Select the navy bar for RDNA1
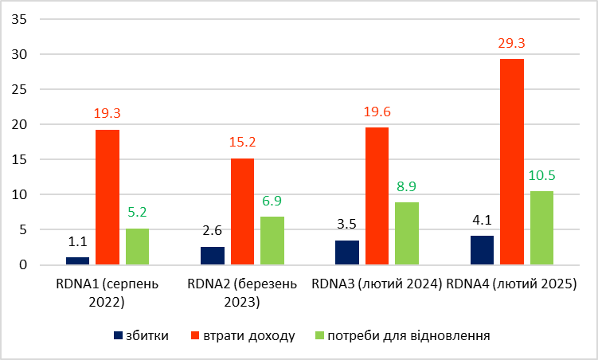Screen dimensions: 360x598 pyautogui.click(x=77, y=260)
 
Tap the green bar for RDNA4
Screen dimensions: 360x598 pyautogui.click(x=541, y=228)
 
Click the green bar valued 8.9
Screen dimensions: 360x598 pyautogui.click(x=407, y=233)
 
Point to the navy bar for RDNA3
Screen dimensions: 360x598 pyautogui.click(x=347, y=252)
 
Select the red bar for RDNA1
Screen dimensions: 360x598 pyautogui.click(x=107, y=197)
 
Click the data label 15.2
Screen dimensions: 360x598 pyautogui.click(x=242, y=143)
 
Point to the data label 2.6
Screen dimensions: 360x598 pyautogui.click(x=213, y=231)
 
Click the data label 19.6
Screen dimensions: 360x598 pyautogui.click(x=377, y=112)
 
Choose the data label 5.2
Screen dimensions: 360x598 pyautogui.click(x=137, y=213)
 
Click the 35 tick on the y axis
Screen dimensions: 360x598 pyautogui.click(x=19, y=20)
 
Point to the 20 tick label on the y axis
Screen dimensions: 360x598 pyautogui.click(x=19, y=124)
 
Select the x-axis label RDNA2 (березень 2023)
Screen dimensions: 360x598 pyautogui.click(x=242, y=292)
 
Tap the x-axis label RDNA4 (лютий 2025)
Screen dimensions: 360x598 pyautogui.click(x=512, y=284)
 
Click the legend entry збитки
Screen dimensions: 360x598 pyautogui.click(x=147, y=335)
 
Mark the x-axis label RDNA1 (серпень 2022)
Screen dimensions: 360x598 pyautogui.click(x=107, y=292)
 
